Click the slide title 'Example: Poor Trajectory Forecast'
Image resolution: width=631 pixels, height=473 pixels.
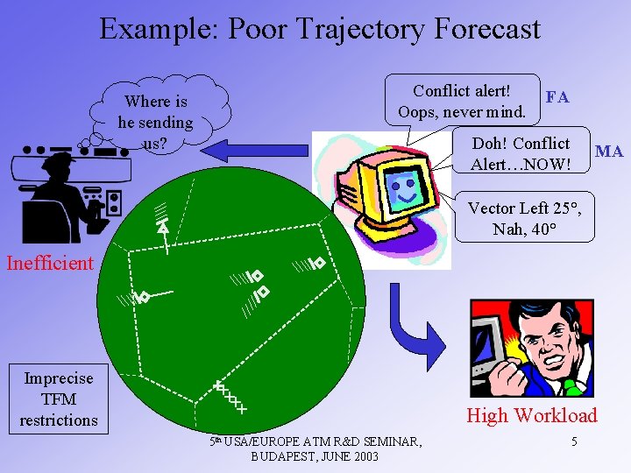[319, 29]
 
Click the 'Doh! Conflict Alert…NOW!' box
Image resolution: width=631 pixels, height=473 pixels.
[521, 153]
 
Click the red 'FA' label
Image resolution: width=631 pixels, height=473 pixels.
[557, 97]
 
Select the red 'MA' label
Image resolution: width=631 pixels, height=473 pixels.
[608, 152]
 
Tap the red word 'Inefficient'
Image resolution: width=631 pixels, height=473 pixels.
[49, 263]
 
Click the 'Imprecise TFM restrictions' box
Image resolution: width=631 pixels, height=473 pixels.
[59, 399]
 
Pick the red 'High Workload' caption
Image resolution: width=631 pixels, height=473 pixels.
[531, 415]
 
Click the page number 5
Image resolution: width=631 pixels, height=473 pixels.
[573, 441]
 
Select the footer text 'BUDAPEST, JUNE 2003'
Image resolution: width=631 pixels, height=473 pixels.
[315, 456]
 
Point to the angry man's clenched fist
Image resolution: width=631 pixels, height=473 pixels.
[512, 378]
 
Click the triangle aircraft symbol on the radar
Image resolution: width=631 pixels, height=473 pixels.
[163, 228]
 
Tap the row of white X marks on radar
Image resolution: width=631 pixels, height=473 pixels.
[230, 398]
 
